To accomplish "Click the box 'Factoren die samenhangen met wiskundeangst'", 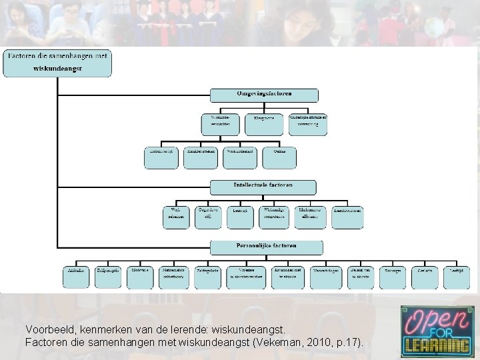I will pos(57,63).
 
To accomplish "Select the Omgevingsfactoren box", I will pos(264,95).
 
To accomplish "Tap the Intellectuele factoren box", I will pos(263,187).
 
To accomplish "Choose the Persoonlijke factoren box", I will pos(266,247).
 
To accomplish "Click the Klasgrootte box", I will pos(263,123).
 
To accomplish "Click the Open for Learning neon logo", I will pos(437,331).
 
